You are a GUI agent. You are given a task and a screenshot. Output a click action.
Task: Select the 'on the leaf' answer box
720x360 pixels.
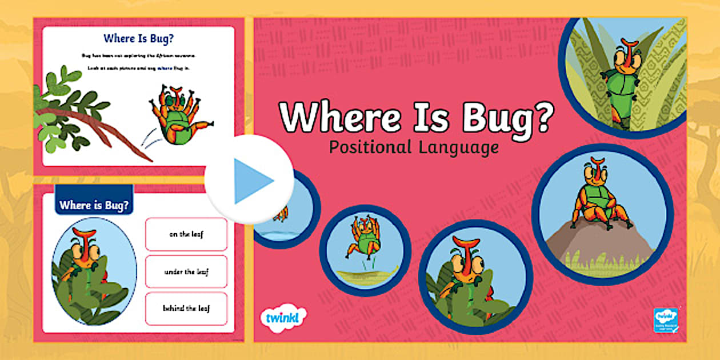tap(186, 234)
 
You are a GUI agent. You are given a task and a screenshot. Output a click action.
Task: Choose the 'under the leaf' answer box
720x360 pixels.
tap(186, 271)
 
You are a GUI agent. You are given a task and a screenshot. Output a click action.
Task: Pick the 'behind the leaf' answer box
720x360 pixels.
tap(186, 309)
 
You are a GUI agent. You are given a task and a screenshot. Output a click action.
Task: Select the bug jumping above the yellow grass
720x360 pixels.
tap(363, 237)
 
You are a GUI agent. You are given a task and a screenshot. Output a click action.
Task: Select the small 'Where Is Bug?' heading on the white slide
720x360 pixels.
tap(138, 39)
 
